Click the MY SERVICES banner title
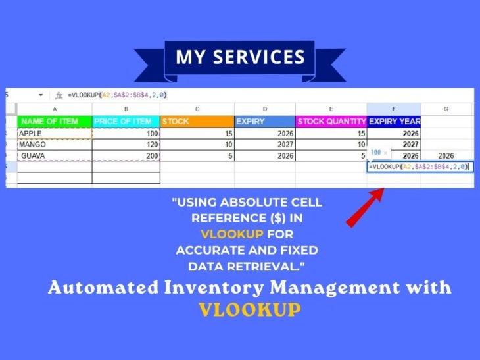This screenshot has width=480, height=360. point(240,57)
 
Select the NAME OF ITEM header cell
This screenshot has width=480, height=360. point(55,122)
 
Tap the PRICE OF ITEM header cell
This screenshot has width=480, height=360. point(126,122)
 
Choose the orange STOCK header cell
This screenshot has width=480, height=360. point(197,122)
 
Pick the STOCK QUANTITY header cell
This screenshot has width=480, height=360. point(331,122)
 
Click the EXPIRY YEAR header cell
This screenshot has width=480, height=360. point(394,122)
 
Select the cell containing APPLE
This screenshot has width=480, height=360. point(55,134)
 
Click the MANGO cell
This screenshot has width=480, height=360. point(55,145)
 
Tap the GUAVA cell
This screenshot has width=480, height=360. point(55,155)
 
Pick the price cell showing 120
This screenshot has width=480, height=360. point(126,145)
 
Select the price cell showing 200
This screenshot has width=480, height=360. point(126,155)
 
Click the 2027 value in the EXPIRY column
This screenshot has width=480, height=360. point(265,145)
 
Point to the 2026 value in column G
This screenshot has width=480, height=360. point(446,155)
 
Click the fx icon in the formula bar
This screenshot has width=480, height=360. point(59,95)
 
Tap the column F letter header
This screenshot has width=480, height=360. point(394,109)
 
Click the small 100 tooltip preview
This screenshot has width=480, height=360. point(379,153)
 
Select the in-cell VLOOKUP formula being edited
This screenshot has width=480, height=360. point(420,167)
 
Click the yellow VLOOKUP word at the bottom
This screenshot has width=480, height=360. point(250,309)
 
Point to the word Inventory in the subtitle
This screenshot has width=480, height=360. point(214,288)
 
